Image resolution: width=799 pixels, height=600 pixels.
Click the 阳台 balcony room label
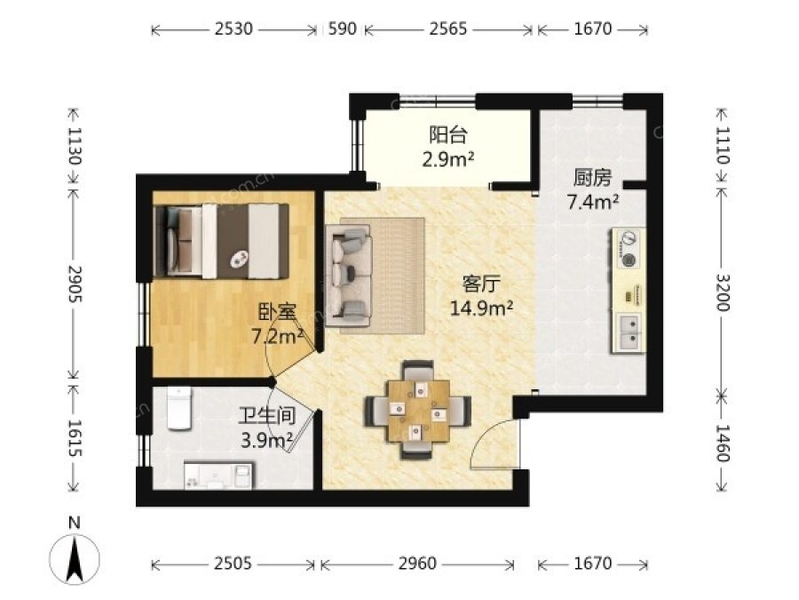coord(448,135)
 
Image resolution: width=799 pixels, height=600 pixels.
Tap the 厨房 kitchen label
coord(592,178)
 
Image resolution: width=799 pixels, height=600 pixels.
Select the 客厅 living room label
coord(481,284)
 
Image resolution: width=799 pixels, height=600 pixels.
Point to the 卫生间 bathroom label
coord(267,416)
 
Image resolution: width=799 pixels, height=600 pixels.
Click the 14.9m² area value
coord(481,308)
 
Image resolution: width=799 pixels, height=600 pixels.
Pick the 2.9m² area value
coord(448,160)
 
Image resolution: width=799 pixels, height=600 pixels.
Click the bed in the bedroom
coord(222,241)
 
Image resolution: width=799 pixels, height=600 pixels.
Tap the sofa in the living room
coord(349,276)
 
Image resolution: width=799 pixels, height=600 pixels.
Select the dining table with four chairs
coord(417,410)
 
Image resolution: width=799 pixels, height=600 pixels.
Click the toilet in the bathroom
coord(178,408)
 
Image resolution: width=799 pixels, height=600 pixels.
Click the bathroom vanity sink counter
coord(218,476)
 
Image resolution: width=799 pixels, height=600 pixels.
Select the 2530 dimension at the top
coord(233,29)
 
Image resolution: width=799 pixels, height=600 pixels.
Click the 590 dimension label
coord(342,29)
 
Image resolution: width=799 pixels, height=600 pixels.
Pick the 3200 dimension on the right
coord(723,292)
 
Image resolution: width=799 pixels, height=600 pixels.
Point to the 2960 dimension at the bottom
coord(417,564)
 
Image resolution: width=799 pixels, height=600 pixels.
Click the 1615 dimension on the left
coord(75,437)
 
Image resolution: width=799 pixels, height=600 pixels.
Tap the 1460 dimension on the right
coord(723,443)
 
